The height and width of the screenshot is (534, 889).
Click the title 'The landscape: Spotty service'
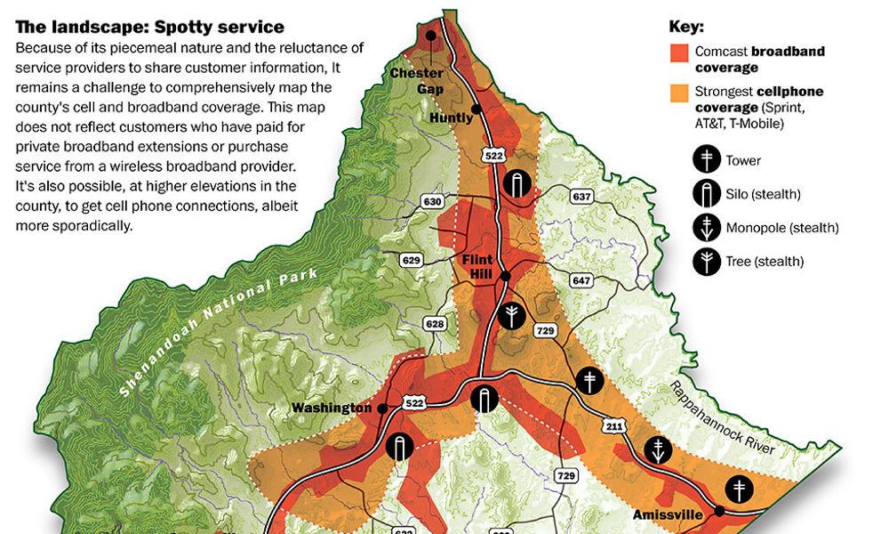pos(149,28)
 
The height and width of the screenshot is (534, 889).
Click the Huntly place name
pos(451,117)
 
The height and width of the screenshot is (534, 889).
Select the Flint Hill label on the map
pos(477,266)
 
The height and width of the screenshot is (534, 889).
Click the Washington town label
pos(332,409)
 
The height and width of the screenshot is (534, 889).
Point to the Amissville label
pos(667,515)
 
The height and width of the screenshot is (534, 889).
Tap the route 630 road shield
pos(433,202)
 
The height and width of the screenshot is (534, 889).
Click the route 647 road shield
pos(581,281)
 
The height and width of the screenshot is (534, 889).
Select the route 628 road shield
pos(435,324)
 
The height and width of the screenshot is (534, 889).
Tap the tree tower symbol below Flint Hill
pos(512,316)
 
